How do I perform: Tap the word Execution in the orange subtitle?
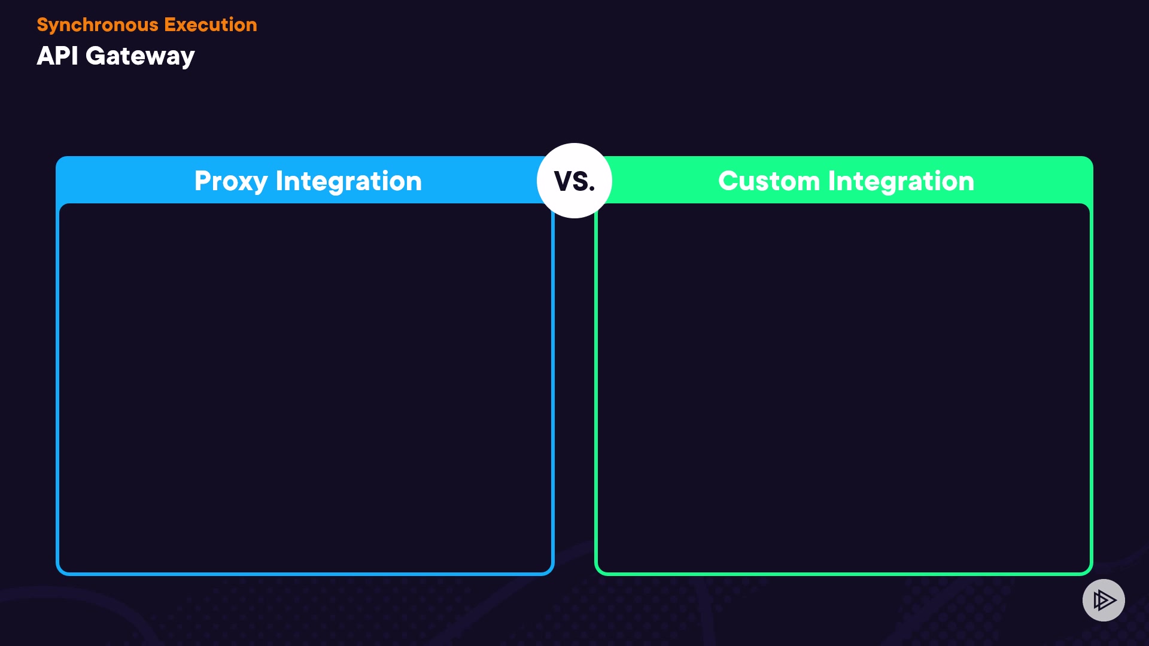pyautogui.click(x=210, y=25)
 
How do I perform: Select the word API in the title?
pyautogui.click(x=57, y=56)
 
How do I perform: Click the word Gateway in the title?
pyautogui.click(x=140, y=57)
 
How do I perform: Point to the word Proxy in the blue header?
pyautogui.click(x=230, y=181)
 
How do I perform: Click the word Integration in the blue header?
pyautogui.click(x=348, y=181)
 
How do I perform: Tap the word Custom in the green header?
pyautogui.click(x=768, y=181)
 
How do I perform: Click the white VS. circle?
pyautogui.click(x=574, y=181)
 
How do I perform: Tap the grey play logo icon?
pyautogui.click(x=1104, y=600)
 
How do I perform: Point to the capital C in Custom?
pyautogui.click(x=728, y=181)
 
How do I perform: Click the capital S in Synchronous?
pyautogui.click(x=42, y=25)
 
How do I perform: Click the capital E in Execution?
pyautogui.click(x=169, y=25)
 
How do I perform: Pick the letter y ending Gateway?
pyautogui.click(x=188, y=59)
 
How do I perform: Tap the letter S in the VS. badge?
pyautogui.click(x=581, y=181)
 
